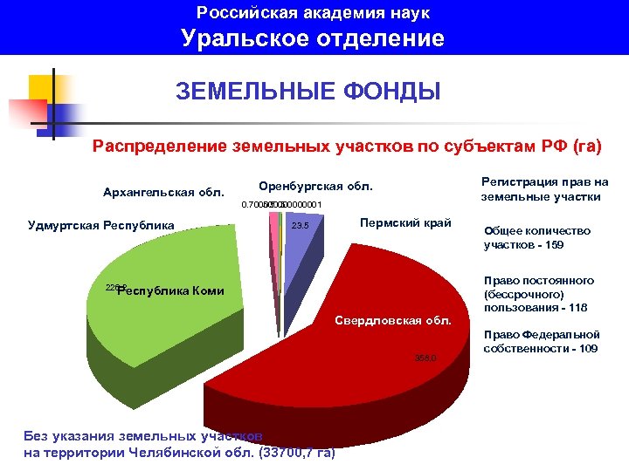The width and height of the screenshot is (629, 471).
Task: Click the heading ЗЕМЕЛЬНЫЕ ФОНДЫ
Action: pyautogui.click(x=308, y=91)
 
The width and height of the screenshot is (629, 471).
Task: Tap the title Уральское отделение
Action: pyautogui.click(x=314, y=38)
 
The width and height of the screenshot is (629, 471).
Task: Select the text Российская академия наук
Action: pyautogui.click(x=314, y=13)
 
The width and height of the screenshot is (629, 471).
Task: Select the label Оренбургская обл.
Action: pyautogui.click(x=315, y=187)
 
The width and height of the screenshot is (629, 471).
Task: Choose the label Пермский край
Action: pyautogui.click(x=405, y=223)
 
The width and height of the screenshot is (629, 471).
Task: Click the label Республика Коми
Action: pyautogui.click(x=170, y=291)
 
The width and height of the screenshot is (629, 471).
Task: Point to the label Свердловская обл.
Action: pyautogui.click(x=394, y=321)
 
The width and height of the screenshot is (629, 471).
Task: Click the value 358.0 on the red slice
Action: pyautogui.click(x=425, y=358)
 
